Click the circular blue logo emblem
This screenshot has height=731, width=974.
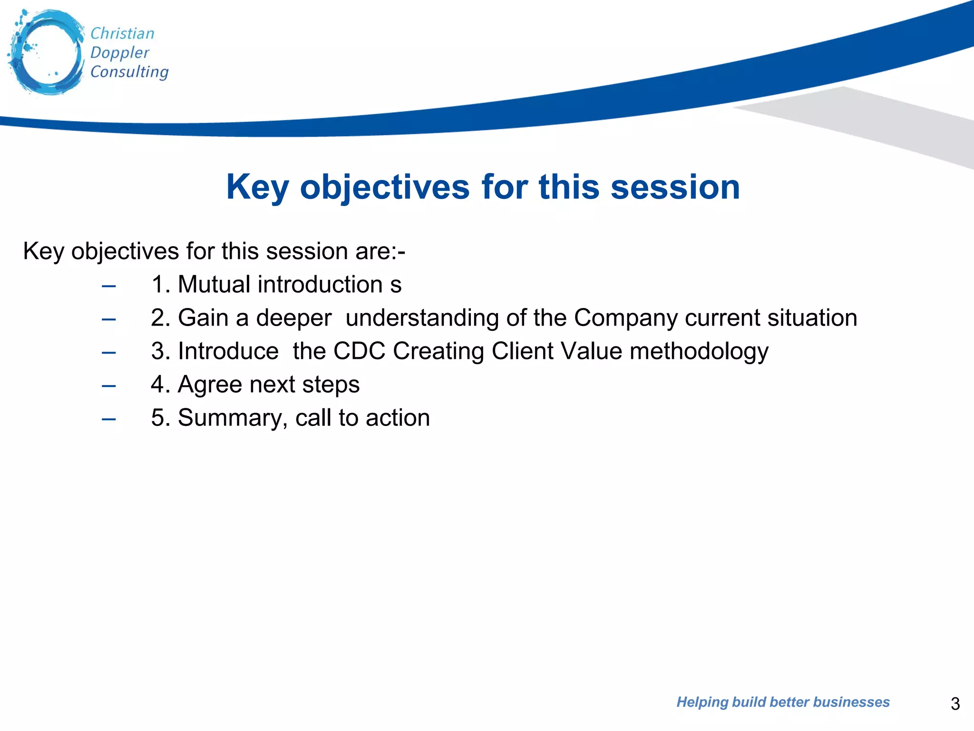click(46, 52)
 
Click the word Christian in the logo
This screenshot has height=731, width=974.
click(122, 34)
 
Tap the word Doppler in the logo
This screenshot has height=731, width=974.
click(119, 53)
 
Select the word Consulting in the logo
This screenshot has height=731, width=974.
click(129, 72)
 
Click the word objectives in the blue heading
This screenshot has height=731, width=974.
click(385, 188)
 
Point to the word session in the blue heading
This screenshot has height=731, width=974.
click(675, 188)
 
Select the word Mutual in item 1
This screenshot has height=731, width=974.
click(214, 285)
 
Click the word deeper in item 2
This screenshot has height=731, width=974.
click(293, 318)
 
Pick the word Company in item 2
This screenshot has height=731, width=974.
click(625, 318)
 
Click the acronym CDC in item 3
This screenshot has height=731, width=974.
click(359, 351)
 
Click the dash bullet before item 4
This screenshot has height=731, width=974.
click(109, 385)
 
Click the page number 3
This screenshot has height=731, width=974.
click(955, 703)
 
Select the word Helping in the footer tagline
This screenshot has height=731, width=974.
click(702, 702)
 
